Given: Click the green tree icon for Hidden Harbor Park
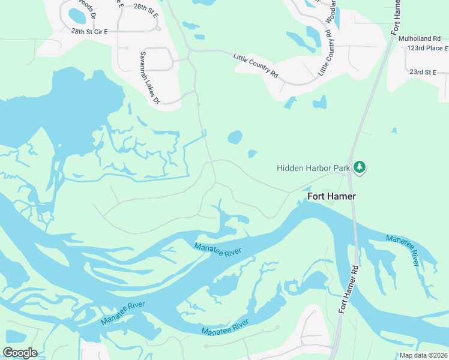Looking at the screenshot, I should click(x=360, y=167).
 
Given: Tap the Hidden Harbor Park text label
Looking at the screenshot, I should click(x=313, y=169).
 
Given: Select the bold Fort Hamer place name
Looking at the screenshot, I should click(x=331, y=196).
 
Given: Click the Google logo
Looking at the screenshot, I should click(x=20, y=353).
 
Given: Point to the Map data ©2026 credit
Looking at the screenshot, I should click(x=423, y=355).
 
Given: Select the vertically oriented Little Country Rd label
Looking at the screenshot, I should click(x=325, y=52).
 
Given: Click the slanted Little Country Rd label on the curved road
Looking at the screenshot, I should click(x=256, y=65).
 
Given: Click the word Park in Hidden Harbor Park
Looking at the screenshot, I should click(x=342, y=169).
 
